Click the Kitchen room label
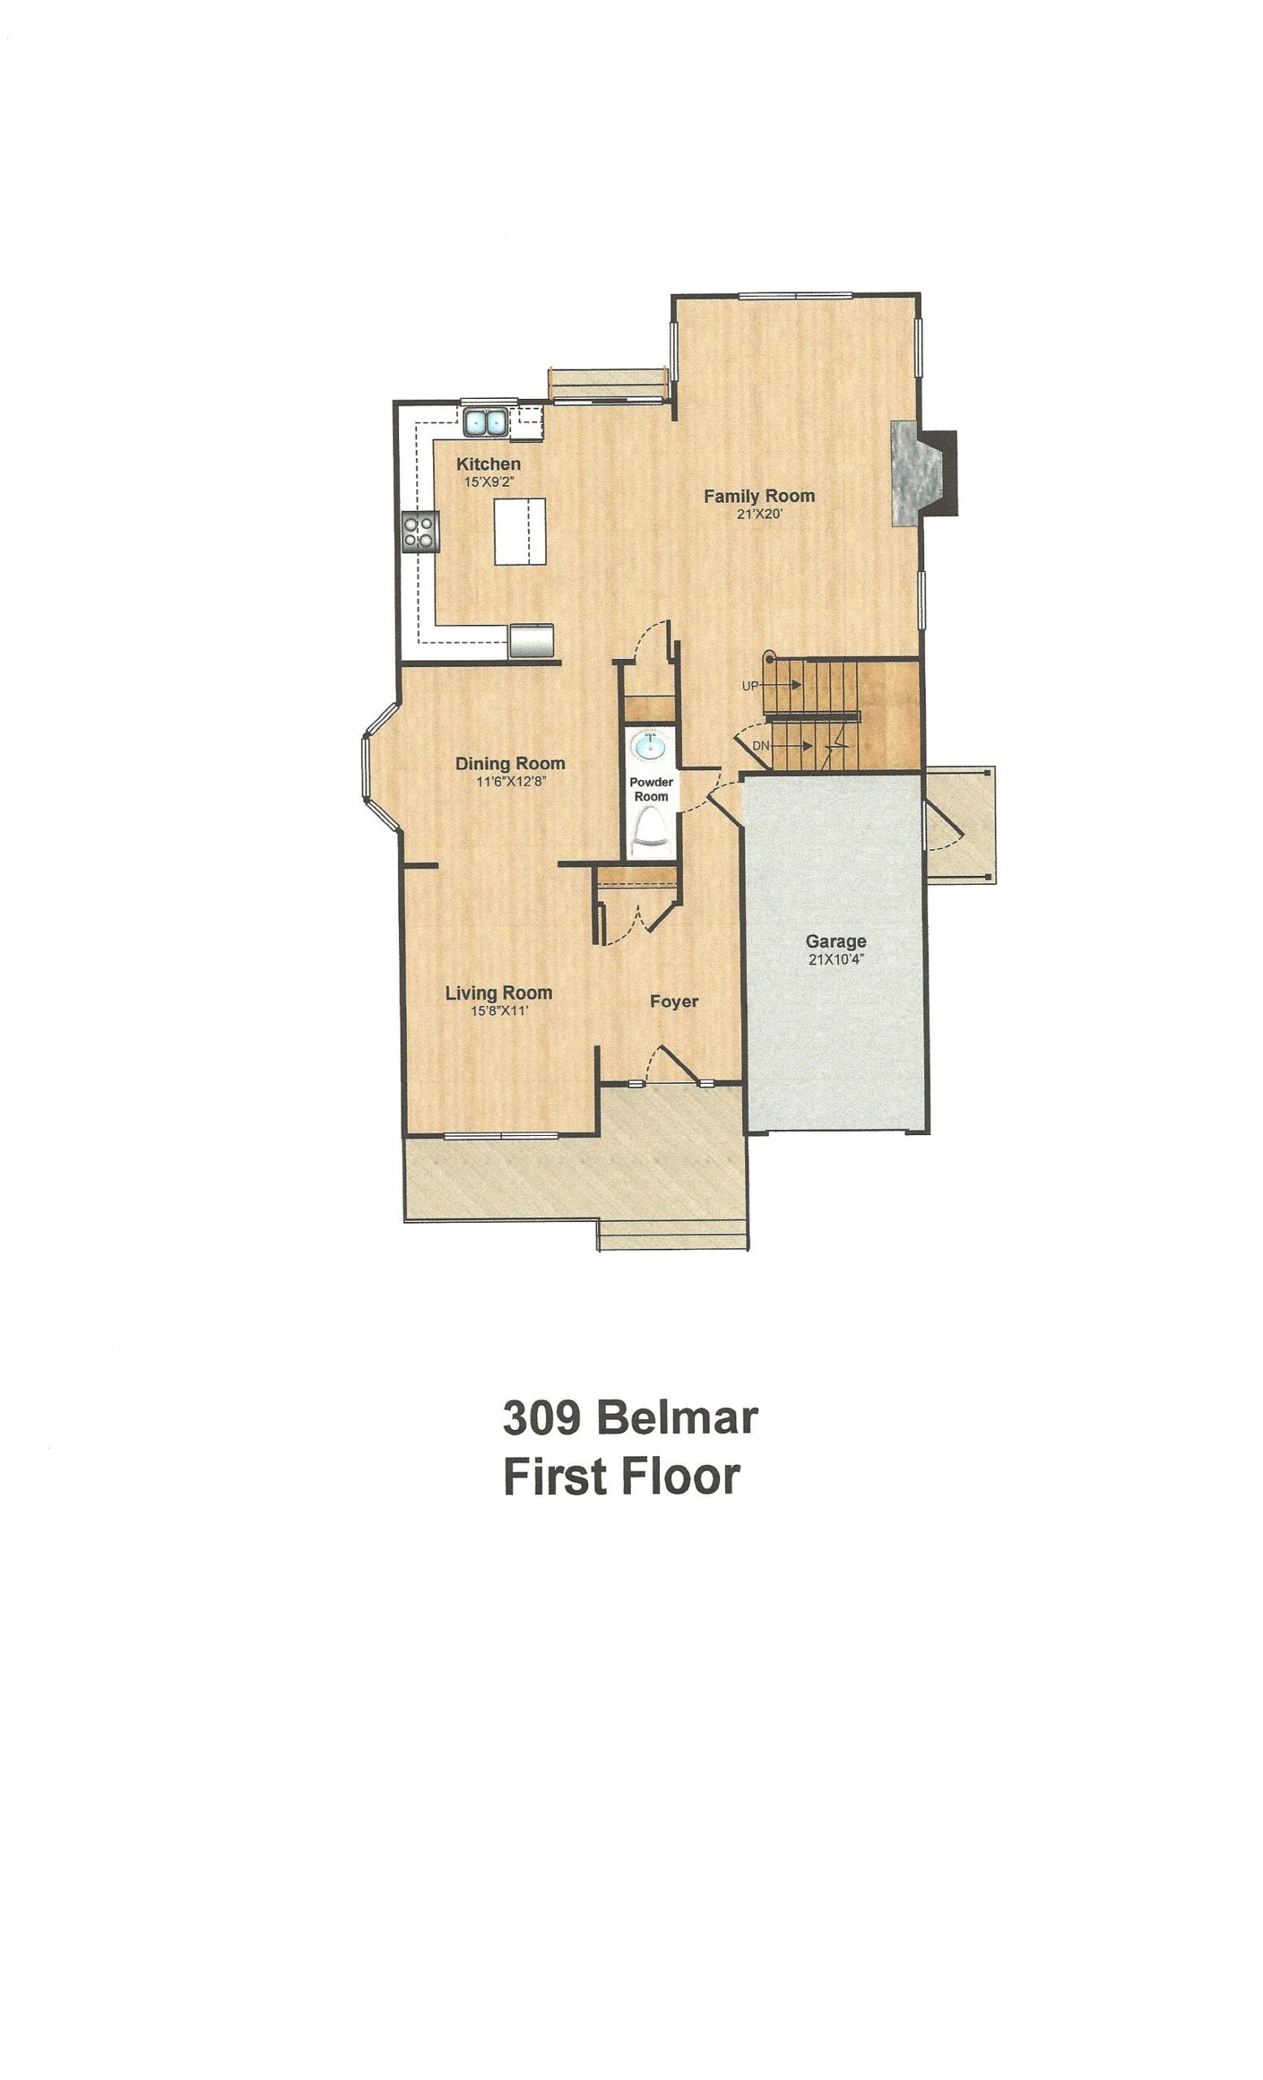(x=488, y=463)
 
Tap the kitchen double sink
(x=484, y=421)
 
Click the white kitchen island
(x=519, y=531)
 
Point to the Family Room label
(x=759, y=496)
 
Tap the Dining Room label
(x=510, y=763)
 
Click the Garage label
(x=835, y=941)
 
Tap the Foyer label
(x=674, y=1001)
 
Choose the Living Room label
(x=498, y=993)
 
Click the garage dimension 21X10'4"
(x=835, y=959)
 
